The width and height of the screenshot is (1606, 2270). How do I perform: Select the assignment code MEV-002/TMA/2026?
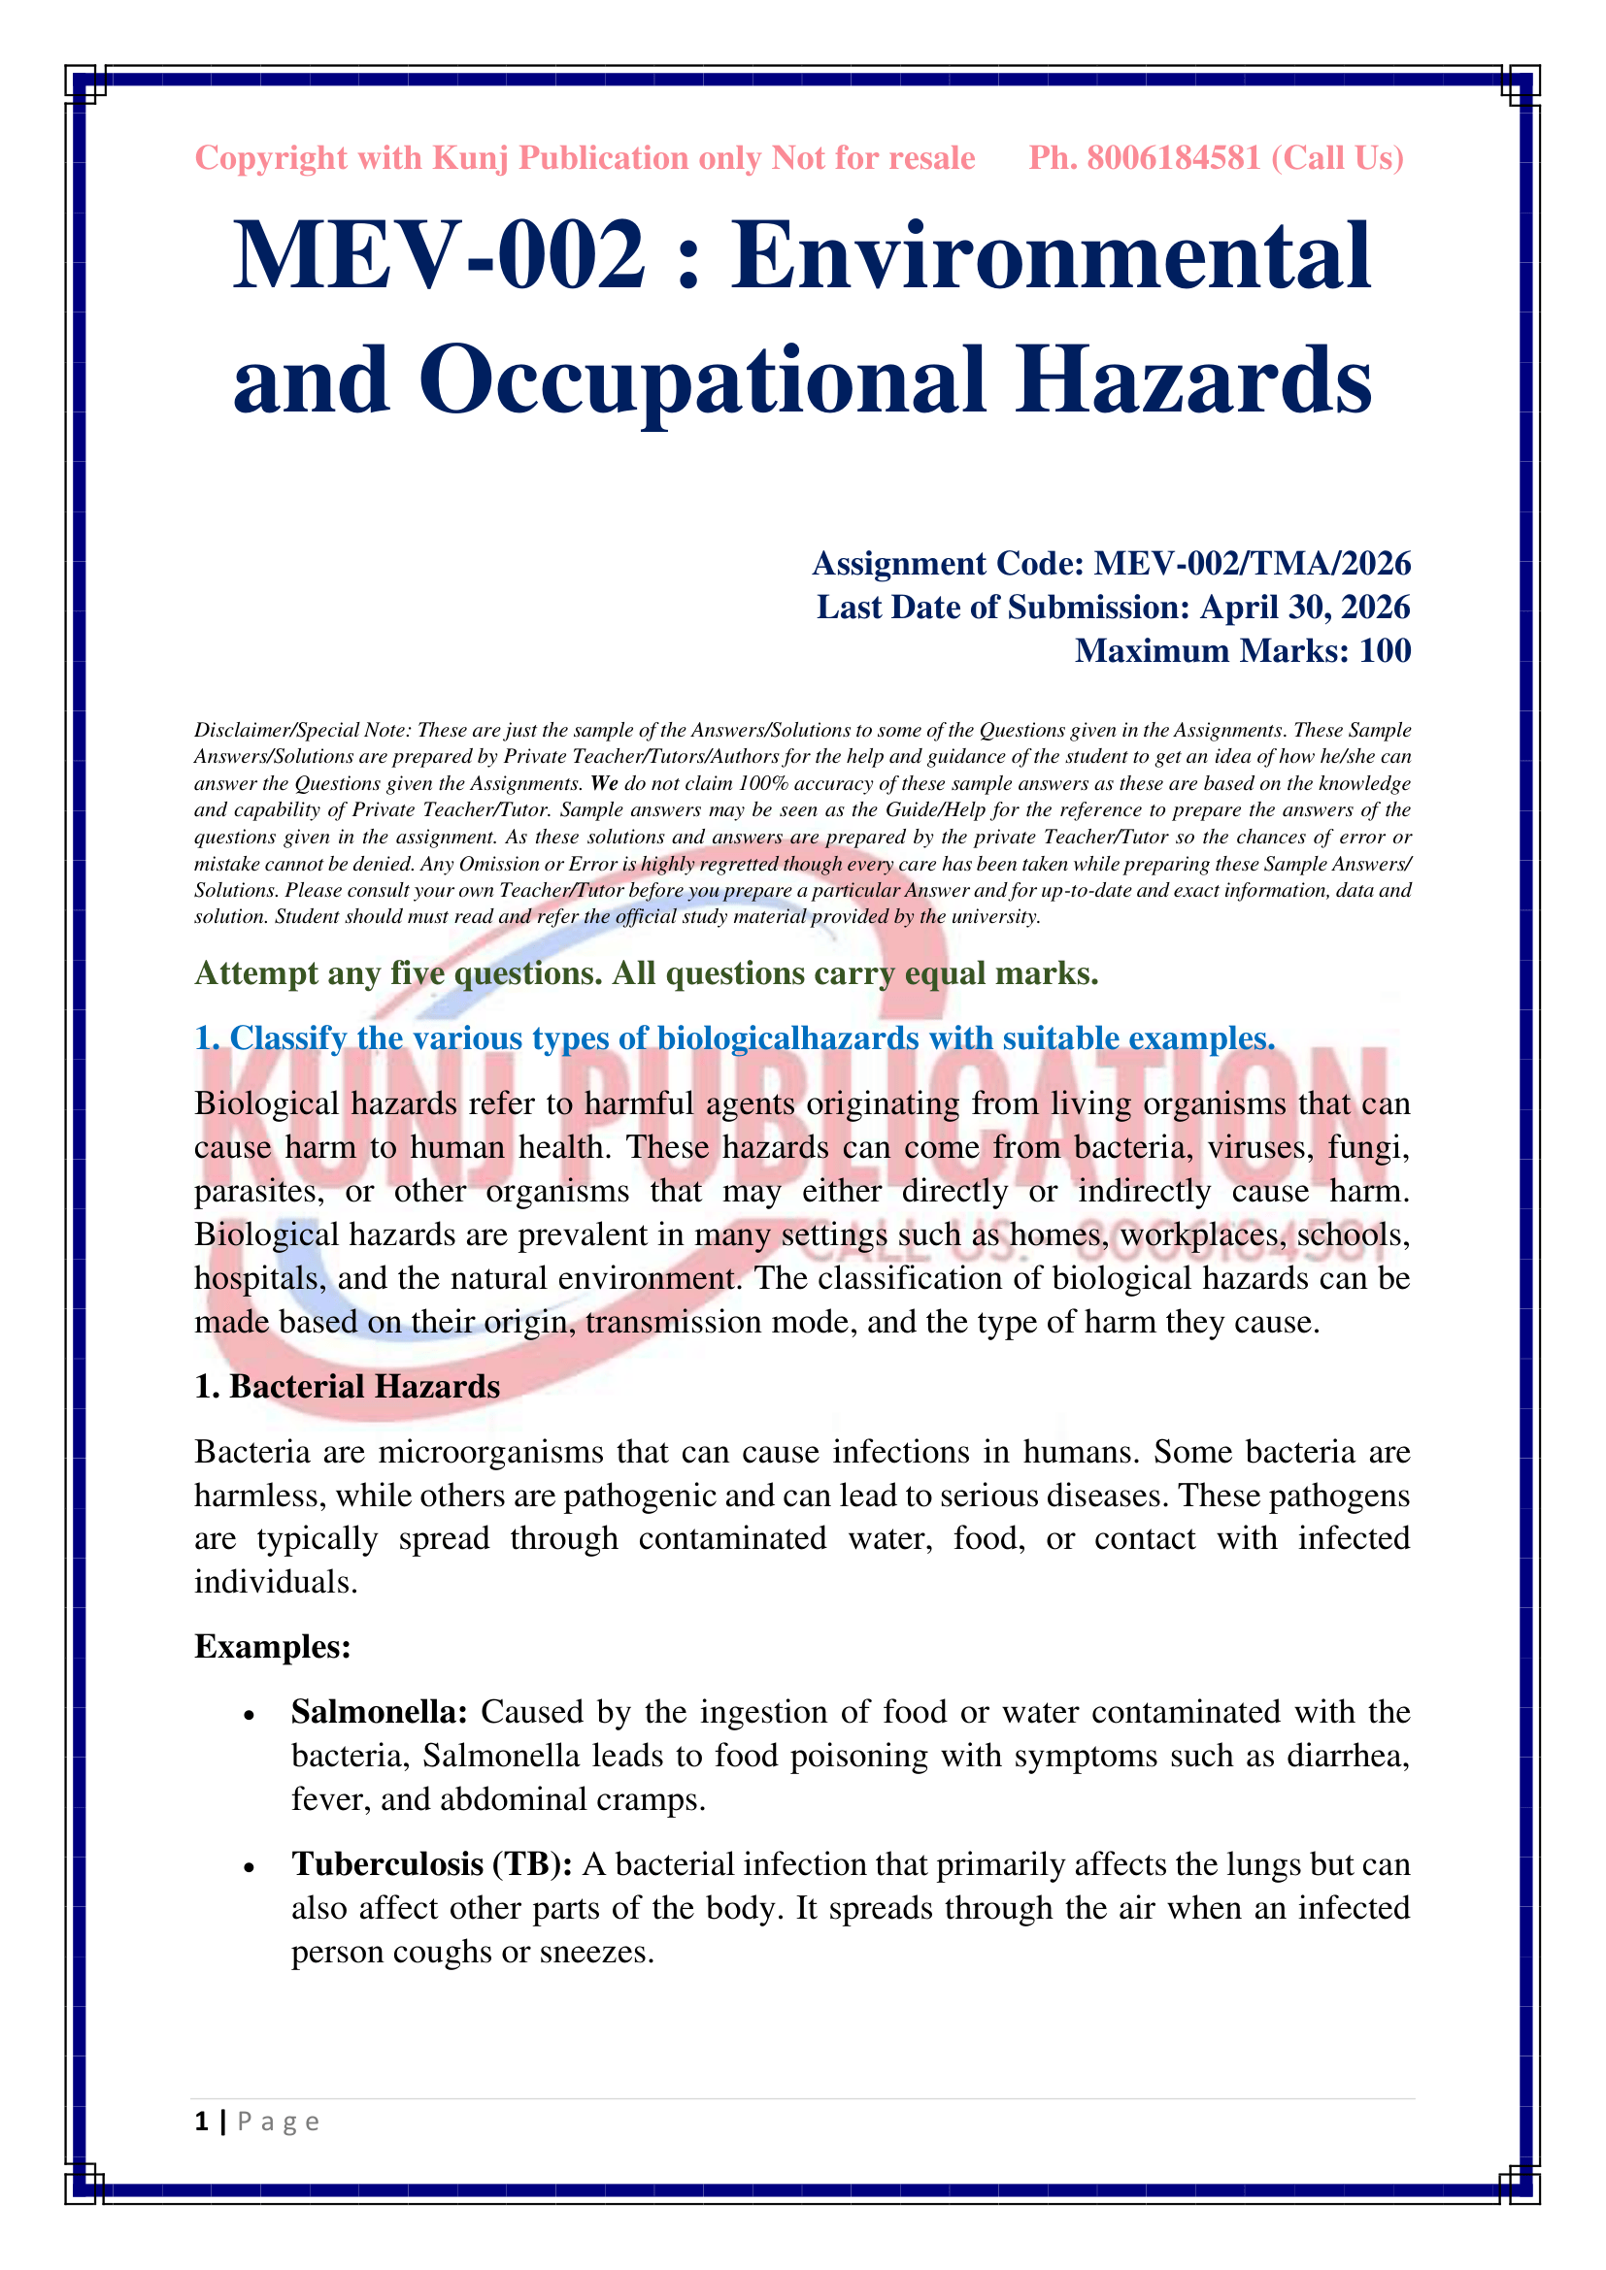point(1252,564)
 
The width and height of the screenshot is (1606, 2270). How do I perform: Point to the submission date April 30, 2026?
point(1304,607)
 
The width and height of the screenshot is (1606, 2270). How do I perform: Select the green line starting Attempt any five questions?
point(646,973)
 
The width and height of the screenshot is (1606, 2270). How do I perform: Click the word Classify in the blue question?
point(291,1038)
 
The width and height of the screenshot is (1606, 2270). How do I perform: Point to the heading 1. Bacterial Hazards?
point(347,1387)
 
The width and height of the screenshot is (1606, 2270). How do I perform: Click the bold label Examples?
point(273,1646)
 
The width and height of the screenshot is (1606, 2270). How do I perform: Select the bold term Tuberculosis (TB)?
point(432,1863)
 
